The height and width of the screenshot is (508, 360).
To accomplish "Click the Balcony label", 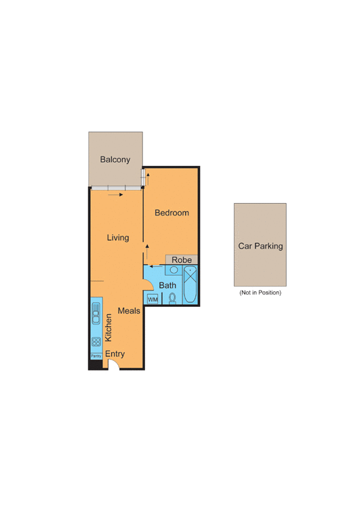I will pos(115,160).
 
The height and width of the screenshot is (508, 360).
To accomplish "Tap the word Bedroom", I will pos(172,213).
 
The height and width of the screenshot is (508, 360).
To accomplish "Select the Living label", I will pos(118,238).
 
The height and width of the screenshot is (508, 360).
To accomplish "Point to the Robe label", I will pos(181,259).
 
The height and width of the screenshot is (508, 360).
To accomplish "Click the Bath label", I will pos(167,286).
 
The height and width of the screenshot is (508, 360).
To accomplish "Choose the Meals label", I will pos(129,310).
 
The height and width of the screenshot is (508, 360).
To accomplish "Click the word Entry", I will pos(115,354).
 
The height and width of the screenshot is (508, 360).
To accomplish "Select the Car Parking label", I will pos(260,247).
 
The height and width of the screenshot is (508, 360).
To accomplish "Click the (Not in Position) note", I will pos(260,293).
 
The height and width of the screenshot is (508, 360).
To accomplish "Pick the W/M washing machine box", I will pos(152,299).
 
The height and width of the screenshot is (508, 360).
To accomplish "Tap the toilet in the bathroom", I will pos(172,297).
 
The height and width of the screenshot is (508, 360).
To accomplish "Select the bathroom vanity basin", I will pos(174,270).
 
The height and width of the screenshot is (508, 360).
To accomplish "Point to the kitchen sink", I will pos(96,315).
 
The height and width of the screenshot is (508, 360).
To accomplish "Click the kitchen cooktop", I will pos(96,341).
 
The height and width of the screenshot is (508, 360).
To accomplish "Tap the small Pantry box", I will pos(96,356).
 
